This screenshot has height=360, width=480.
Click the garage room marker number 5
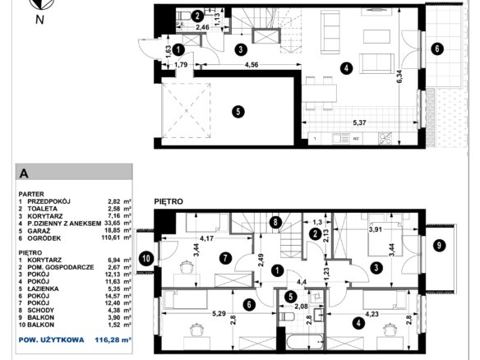tap(238, 112)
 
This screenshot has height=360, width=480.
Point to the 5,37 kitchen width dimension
tap(359, 122)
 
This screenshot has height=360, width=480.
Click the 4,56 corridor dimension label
tap(252, 65)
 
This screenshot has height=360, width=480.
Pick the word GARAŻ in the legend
tap(39, 231)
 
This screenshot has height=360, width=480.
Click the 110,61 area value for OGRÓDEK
tap(112, 238)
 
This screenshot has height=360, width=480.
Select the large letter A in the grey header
tap(24, 173)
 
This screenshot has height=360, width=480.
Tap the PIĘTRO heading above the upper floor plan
tap(168, 201)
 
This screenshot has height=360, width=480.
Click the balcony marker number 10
tap(146, 259)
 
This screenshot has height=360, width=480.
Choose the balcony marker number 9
tap(439, 246)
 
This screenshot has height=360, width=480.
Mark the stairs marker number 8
tap(275, 222)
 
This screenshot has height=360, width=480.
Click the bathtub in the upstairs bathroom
tap(305, 341)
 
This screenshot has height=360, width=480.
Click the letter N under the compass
tap(39, 20)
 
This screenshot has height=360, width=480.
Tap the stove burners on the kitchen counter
tap(385, 138)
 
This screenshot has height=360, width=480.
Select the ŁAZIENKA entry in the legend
tap(44, 288)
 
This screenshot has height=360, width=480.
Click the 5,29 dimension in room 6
tap(219, 313)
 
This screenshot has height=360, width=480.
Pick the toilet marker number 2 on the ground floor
tap(197, 16)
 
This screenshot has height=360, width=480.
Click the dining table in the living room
tap(320, 93)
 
